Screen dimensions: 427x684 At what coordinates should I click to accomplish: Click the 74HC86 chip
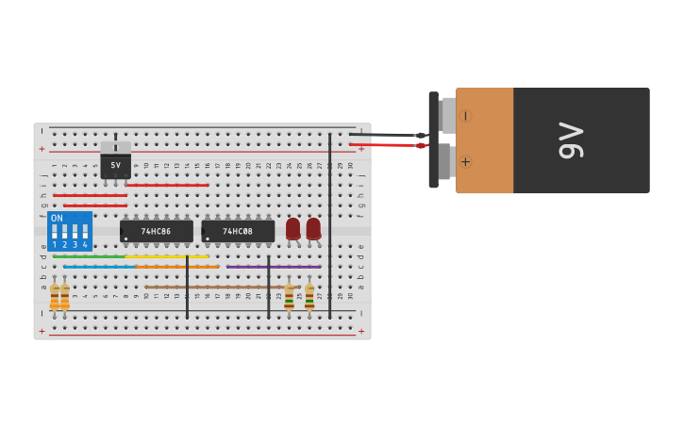(x=157, y=231)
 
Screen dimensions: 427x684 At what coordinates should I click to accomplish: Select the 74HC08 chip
(x=238, y=231)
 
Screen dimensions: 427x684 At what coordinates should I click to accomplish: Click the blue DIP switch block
(x=70, y=231)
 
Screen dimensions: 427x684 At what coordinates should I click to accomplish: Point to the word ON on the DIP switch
(x=57, y=219)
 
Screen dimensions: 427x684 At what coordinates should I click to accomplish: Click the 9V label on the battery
(x=572, y=140)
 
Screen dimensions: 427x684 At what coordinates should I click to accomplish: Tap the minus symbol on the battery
(x=465, y=116)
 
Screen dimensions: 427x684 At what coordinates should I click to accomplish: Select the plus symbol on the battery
(x=465, y=161)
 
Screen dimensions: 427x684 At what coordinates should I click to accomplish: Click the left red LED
(x=292, y=228)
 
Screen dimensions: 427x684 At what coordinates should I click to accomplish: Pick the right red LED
(x=313, y=228)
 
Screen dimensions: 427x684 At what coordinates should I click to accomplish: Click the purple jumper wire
(x=274, y=267)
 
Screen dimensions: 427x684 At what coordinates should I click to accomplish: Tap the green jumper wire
(x=89, y=256)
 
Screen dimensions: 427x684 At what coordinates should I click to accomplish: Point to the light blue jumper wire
(x=99, y=267)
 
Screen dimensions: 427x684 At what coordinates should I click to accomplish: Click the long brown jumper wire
(x=217, y=287)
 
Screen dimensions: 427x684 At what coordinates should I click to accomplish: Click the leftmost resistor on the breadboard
(x=55, y=297)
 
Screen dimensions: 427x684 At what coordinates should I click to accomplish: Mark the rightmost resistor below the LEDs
(x=309, y=297)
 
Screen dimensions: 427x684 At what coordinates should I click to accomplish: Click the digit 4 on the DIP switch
(x=85, y=244)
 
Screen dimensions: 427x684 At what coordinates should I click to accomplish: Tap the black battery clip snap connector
(x=434, y=140)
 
